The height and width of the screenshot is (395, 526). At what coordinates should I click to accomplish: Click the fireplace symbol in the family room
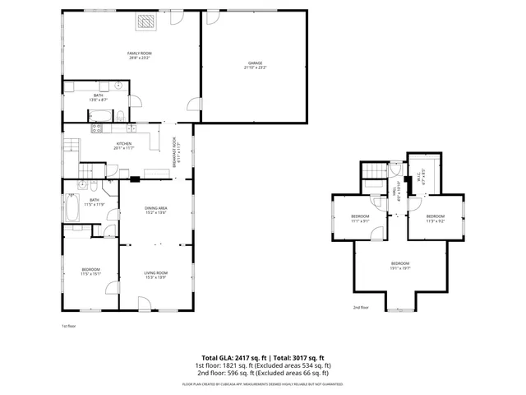[x=145, y=22]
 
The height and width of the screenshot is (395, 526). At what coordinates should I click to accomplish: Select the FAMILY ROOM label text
[x=139, y=53]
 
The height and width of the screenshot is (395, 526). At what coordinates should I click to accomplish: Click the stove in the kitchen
[x=96, y=128]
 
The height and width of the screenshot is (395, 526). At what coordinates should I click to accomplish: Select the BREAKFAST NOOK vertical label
[x=174, y=154]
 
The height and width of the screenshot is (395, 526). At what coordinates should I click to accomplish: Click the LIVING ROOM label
[x=156, y=273]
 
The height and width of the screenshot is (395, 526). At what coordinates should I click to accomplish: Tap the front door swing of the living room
[x=145, y=304]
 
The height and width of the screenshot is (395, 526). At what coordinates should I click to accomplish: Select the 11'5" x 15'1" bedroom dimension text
[x=90, y=274]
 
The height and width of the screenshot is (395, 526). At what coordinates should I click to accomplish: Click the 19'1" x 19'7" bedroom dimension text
[x=400, y=267]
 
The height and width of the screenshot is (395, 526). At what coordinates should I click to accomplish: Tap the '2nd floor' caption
[x=361, y=307]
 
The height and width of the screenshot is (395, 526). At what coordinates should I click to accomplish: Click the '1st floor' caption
[x=68, y=326]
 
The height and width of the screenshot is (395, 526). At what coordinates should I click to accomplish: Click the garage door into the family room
[x=194, y=106]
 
